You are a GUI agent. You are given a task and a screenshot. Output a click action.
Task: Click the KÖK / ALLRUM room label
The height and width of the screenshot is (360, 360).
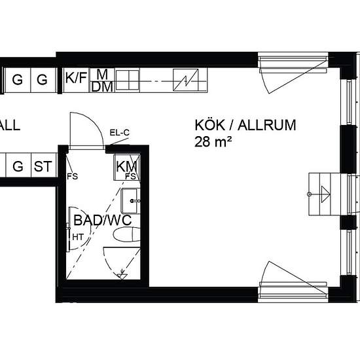tap(245, 126)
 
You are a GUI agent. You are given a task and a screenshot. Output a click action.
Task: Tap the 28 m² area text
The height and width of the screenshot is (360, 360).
tap(213, 141)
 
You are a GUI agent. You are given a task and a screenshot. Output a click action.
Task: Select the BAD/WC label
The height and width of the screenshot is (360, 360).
tap(103, 220)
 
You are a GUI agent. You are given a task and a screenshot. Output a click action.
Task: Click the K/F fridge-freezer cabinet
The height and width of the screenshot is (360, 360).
tap(76, 80)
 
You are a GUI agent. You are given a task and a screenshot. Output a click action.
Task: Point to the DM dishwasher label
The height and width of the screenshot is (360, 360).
tap(102, 87)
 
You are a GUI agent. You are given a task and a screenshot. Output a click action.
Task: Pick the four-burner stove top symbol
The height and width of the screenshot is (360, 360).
tap(128, 80)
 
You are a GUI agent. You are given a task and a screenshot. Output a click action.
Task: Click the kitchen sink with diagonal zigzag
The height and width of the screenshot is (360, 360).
tap(185, 80)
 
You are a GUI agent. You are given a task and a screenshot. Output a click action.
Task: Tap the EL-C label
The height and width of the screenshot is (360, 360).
tap(119, 133)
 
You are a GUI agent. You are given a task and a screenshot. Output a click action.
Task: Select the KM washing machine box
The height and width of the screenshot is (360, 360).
tap(126, 168)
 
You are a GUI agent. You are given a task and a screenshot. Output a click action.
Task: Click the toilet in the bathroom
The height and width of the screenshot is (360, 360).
tap(127, 234)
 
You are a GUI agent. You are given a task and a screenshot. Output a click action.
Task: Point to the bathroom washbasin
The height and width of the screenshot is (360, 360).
tap(130, 201)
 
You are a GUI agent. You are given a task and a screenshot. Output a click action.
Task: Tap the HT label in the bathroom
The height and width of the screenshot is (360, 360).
tap(78, 237)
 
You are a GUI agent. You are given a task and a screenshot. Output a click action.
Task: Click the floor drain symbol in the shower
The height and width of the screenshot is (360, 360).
tap(122, 274)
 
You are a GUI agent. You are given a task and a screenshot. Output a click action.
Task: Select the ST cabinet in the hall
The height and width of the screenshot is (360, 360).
tap(43, 166)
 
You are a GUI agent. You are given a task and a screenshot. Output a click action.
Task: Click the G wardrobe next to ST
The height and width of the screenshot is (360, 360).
tap(18, 166)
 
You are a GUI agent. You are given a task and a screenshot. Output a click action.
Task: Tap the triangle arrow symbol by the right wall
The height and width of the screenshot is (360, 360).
tap(325, 194)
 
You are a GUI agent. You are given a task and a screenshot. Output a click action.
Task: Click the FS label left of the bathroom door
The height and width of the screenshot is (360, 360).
tap(72, 176)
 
